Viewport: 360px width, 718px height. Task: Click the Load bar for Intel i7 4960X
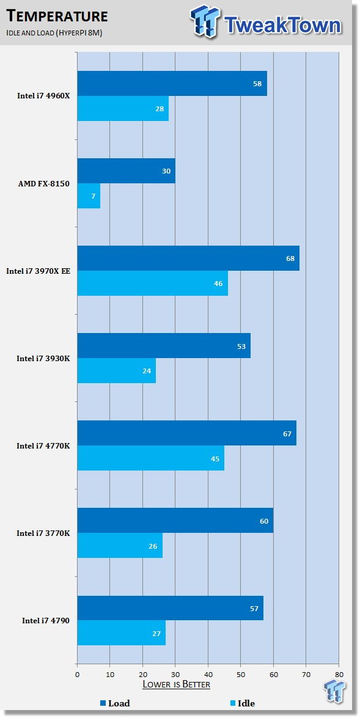[172, 83]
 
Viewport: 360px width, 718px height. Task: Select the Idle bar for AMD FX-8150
[89, 196]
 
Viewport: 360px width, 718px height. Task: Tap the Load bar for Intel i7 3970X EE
[188, 258]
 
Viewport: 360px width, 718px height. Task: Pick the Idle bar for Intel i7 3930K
[116, 370]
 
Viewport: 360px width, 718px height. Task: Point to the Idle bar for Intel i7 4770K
[151, 458]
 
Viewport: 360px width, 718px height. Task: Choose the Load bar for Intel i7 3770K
[175, 520]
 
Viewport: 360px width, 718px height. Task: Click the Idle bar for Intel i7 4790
[122, 632]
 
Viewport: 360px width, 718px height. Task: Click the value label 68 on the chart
[290, 258]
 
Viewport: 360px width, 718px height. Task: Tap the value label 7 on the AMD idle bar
[93, 196]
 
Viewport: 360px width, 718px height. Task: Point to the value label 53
[241, 346]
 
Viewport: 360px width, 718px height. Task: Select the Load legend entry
[115, 703]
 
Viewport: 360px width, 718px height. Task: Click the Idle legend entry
[242, 703]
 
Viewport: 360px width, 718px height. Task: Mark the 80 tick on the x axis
[339, 674]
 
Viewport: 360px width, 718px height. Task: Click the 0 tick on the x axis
[78, 674]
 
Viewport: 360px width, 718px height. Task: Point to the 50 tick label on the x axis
[240, 674]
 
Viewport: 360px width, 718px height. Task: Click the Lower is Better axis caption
[177, 684]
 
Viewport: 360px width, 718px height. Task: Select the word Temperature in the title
[57, 16]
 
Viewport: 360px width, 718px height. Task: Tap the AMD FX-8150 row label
[44, 183]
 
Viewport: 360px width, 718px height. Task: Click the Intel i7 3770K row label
[43, 533]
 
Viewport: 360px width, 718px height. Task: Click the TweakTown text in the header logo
[283, 26]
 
